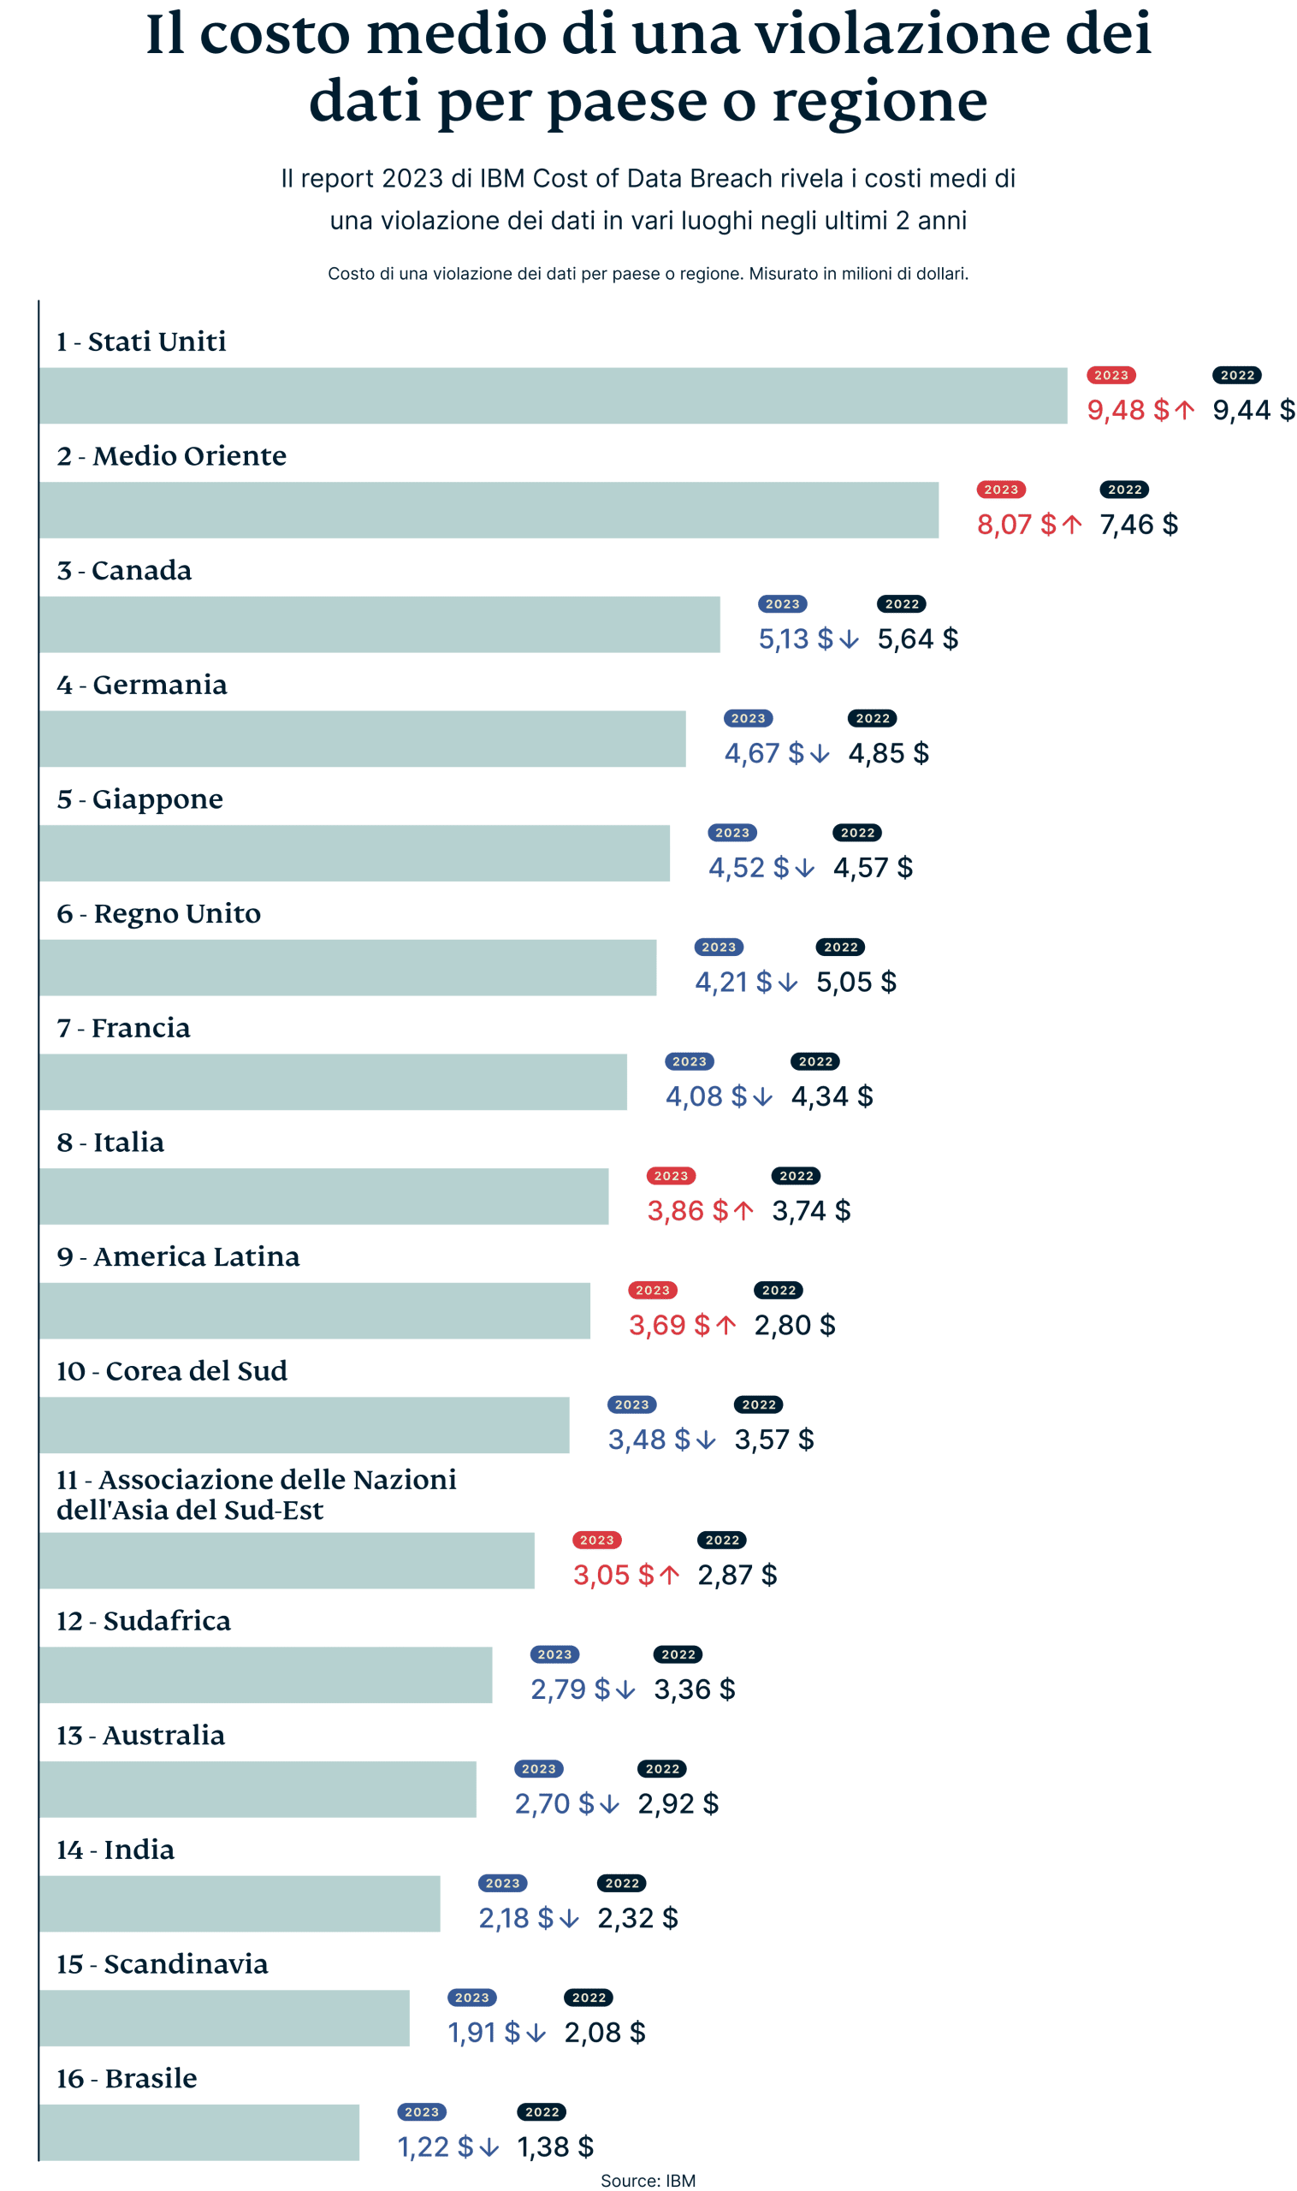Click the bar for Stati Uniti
[x=553, y=395]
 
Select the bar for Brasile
[x=199, y=2132]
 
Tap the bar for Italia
[x=323, y=1196]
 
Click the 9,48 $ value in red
[x=1127, y=409]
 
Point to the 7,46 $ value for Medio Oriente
[x=1138, y=524]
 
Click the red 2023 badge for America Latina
[x=652, y=1290]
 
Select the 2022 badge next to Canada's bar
[x=901, y=603]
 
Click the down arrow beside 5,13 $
[x=849, y=639]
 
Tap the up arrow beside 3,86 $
[x=743, y=1211]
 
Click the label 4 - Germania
[x=141, y=685]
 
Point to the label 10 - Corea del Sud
[x=171, y=1370]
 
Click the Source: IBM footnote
[x=648, y=2180]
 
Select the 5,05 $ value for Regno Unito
[x=856, y=982]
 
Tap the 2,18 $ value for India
[x=516, y=1917]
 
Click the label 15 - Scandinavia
[x=162, y=1962]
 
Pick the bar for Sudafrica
[x=266, y=1674]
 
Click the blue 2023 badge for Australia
[x=538, y=1768]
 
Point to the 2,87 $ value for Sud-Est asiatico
[x=737, y=1575]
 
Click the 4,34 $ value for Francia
[x=832, y=1096]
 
